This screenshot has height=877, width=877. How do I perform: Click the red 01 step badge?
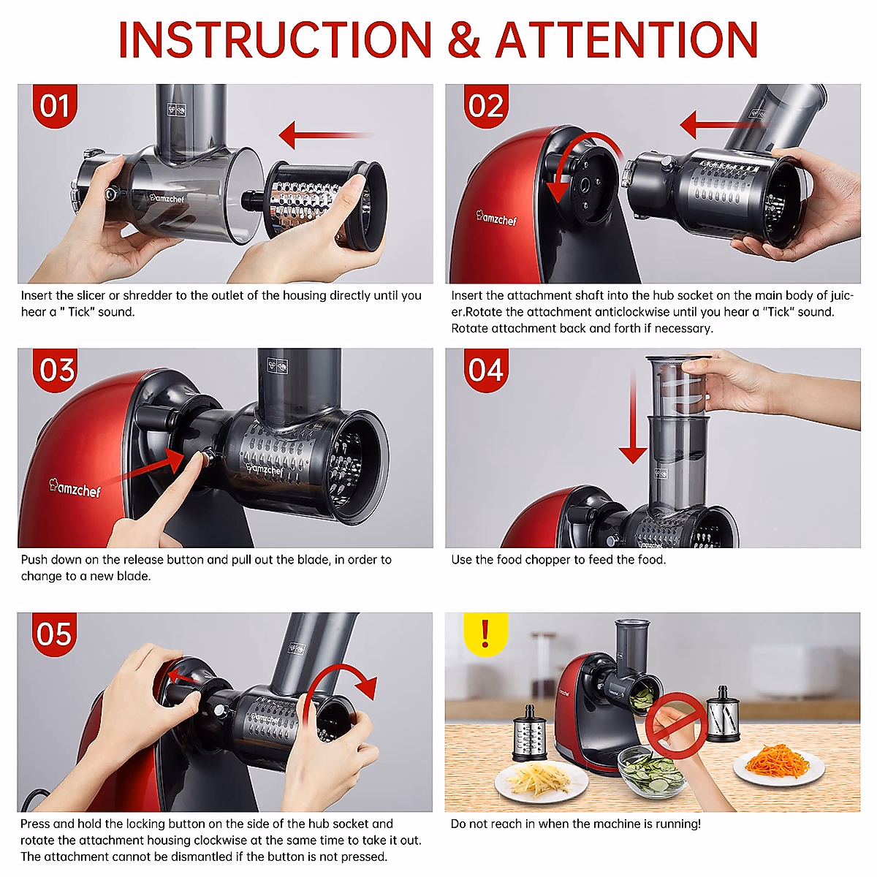click(x=55, y=106)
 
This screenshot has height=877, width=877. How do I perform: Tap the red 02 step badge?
click(x=486, y=106)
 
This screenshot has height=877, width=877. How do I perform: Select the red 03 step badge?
click(x=55, y=370)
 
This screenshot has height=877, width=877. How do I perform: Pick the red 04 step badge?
click(x=486, y=370)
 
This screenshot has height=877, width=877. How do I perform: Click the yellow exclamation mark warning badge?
click(x=485, y=634)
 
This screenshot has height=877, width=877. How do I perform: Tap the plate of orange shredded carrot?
click(x=778, y=766)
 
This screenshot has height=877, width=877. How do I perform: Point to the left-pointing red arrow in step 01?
click(x=326, y=135)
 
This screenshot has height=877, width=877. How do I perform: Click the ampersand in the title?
click(x=464, y=39)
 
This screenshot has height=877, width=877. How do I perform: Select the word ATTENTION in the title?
click(x=627, y=39)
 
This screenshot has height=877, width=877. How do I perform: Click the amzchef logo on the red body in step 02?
click(x=496, y=218)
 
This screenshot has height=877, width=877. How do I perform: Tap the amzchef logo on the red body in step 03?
click(x=75, y=487)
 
